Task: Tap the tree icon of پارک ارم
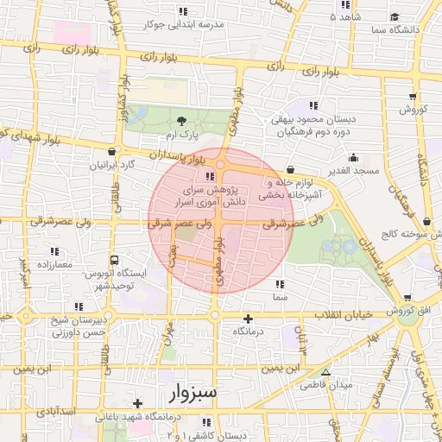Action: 181,122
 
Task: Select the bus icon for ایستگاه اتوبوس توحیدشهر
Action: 113,258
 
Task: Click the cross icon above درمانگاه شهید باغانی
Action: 137,403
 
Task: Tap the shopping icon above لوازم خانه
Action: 288,170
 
